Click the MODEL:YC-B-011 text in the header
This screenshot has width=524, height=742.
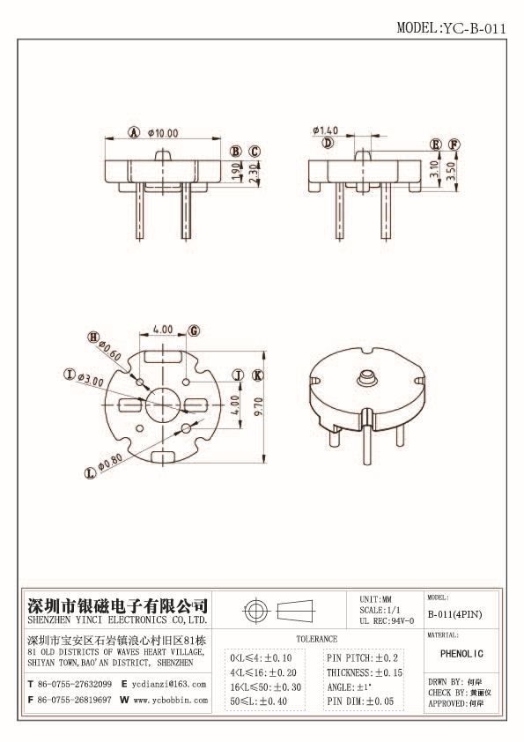coord(451,27)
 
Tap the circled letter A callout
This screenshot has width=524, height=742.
coord(135,133)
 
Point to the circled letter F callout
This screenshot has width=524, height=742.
coord(454,145)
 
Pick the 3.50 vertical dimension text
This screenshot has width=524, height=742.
coord(450,171)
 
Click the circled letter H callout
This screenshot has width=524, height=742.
coord(92,337)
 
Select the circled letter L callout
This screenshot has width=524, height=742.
coord(90,472)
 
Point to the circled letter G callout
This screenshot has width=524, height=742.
coord(194,330)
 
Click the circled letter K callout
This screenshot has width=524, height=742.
coord(257,375)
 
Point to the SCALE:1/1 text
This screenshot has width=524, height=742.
coord(380,610)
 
